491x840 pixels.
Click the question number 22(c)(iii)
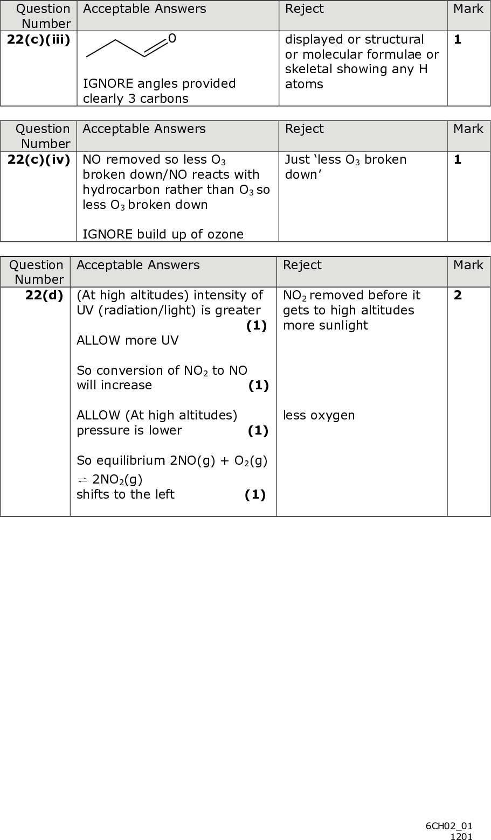(x=38, y=40)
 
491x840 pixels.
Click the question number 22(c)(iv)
(x=38, y=160)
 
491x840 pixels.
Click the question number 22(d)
(x=44, y=295)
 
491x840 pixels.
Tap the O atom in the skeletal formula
(x=171, y=38)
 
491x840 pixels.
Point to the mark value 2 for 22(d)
(x=458, y=295)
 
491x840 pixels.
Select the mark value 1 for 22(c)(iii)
(x=458, y=40)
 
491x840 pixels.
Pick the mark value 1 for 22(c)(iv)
(x=458, y=160)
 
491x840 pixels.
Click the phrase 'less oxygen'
(x=319, y=415)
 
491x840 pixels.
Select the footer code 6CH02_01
(x=449, y=826)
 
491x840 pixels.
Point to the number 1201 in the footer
(x=461, y=836)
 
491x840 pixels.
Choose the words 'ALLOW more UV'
(x=127, y=340)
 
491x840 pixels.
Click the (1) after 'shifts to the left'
(x=255, y=495)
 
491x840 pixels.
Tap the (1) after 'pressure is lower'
(x=258, y=430)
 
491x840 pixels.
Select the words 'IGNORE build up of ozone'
(x=163, y=234)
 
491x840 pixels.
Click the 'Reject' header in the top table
(x=304, y=9)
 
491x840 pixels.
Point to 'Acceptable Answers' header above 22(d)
(x=138, y=265)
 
